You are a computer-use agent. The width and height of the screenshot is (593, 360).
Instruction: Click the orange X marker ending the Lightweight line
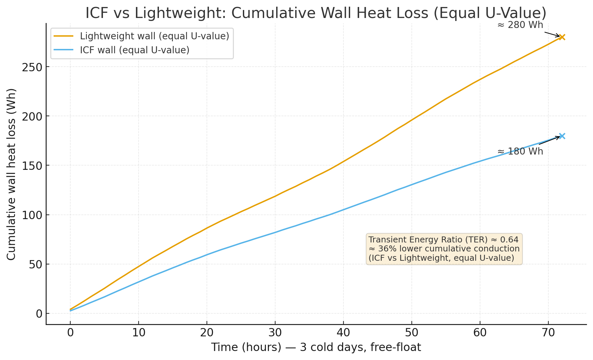(562, 37)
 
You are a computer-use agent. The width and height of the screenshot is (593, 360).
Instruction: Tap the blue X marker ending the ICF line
(562, 136)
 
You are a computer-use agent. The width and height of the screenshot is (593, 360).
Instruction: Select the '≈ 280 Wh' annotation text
(520, 25)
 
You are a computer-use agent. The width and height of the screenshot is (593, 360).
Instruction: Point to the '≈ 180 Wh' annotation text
(520, 152)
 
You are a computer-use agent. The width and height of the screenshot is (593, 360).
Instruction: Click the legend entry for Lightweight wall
(154, 36)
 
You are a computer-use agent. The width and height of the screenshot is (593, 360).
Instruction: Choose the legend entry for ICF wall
(135, 50)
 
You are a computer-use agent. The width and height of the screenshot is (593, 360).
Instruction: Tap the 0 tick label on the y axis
(39, 314)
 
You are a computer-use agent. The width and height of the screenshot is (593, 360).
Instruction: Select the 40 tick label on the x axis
(343, 333)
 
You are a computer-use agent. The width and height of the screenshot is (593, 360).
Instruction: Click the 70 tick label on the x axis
(548, 333)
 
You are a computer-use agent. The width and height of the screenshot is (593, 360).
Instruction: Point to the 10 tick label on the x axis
(138, 333)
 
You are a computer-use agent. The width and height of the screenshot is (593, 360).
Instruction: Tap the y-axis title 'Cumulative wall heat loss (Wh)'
(11, 174)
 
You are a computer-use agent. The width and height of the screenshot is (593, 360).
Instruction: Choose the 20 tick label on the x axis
(207, 333)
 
